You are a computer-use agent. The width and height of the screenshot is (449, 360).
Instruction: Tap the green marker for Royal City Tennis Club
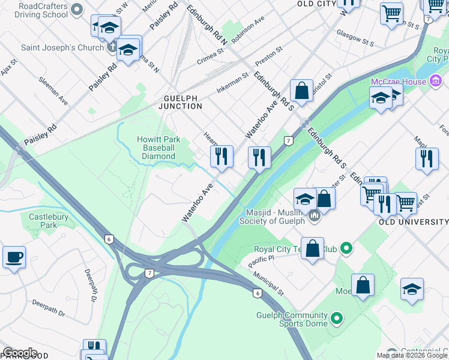click(x=346, y=247)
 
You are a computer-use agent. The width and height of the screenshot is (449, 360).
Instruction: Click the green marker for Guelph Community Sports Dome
click(x=337, y=318)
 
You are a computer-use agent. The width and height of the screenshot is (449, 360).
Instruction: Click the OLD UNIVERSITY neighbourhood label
click(x=413, y=222)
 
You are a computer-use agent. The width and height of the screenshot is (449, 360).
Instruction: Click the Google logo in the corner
click(x=20, y=353)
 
